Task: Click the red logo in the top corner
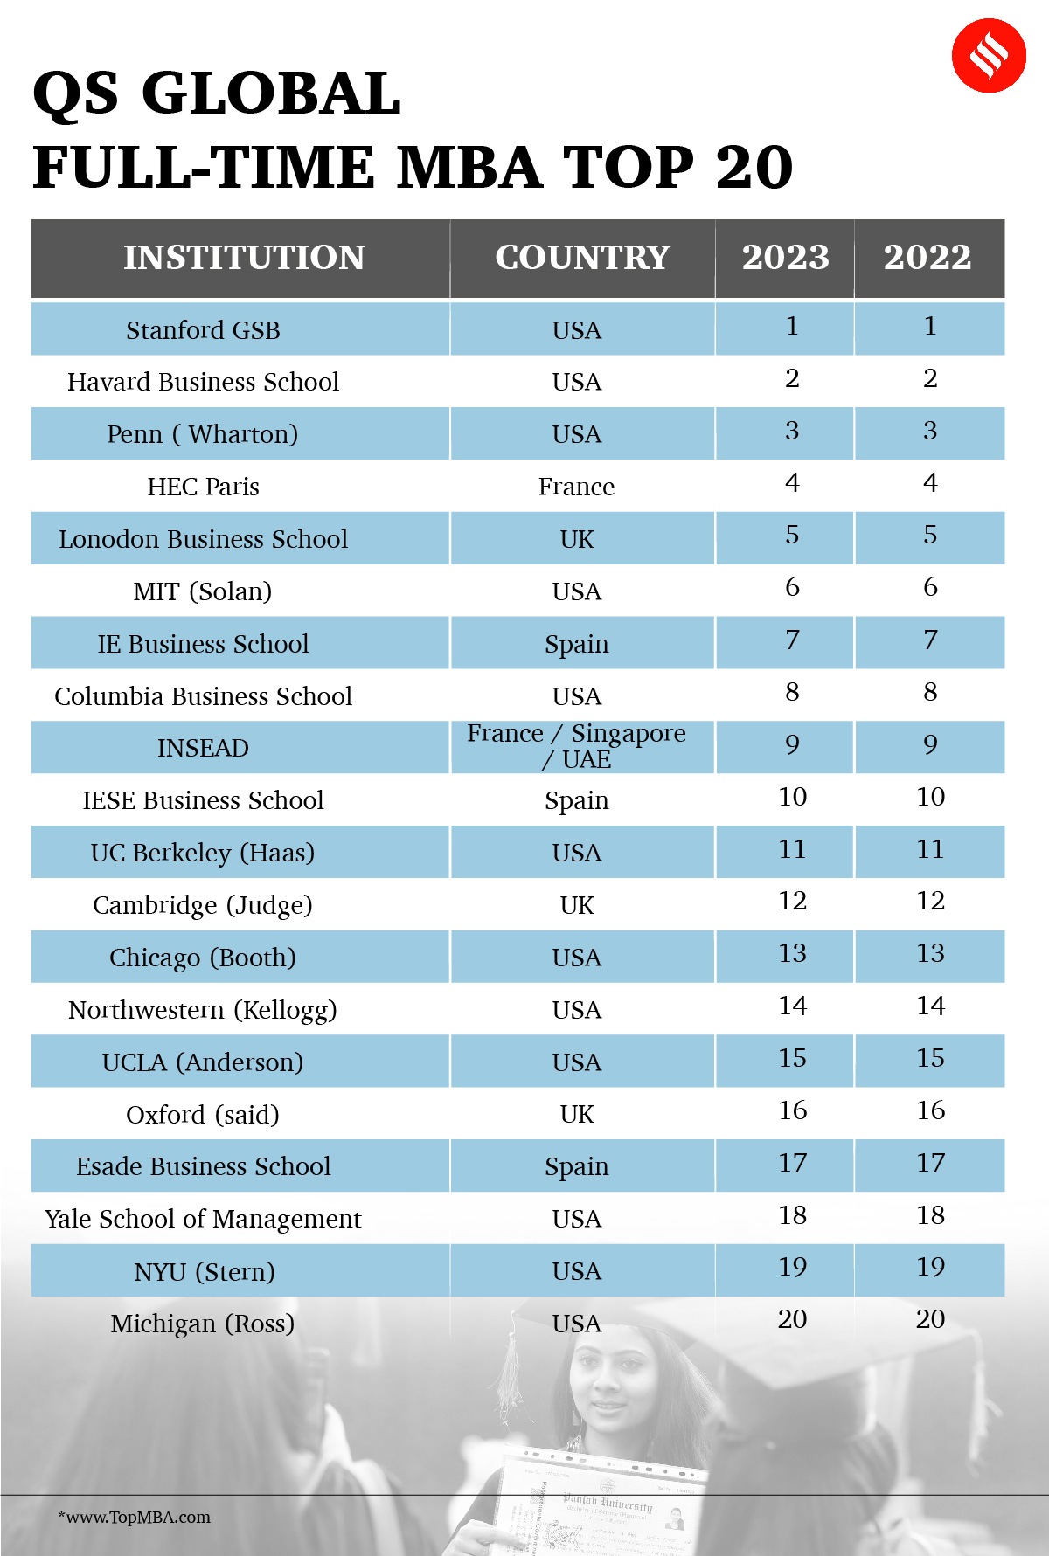[988, 55]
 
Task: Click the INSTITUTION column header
[244, 258]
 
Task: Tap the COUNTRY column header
[582, 258]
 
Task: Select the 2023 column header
[785, 258]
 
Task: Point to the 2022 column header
[927, 258]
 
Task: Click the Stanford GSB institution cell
[203, 330]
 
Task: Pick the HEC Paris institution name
[203, 487]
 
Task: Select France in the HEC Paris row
[576, 487]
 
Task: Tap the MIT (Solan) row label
[203, 591]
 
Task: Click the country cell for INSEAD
[576, 746]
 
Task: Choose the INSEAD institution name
[203, 748]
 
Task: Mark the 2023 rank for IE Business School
[792, 640]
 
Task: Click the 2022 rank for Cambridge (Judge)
[930, 901]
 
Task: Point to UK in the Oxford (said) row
[576, 1114]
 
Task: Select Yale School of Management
[203, 1219]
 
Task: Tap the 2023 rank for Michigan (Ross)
[792, 1319]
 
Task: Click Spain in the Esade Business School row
[576, 1166]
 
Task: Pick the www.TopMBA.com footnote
[135, 1518]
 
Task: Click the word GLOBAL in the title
[271, 93]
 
